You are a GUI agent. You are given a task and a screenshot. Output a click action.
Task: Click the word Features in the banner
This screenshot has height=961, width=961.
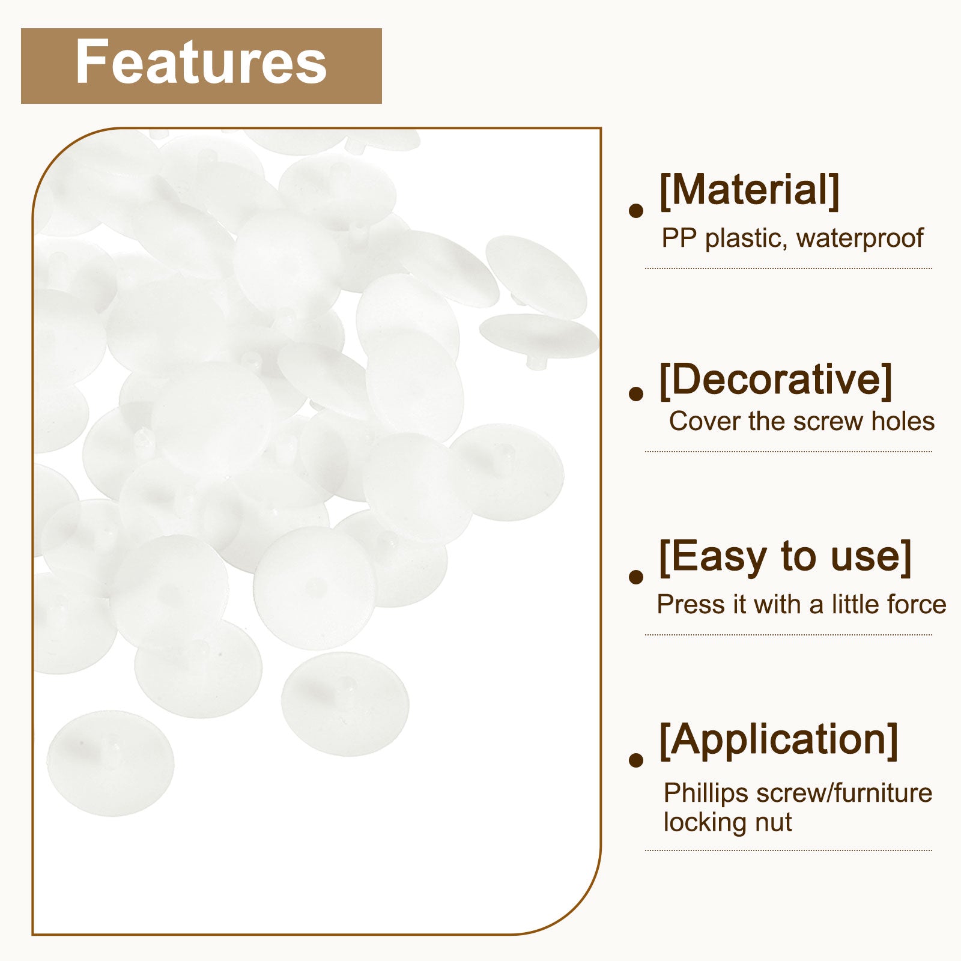tap(201, 62)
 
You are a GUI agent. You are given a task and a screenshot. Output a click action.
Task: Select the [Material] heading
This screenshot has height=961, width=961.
tap(749, 190)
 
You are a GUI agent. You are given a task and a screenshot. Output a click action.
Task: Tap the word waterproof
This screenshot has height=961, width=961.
tap(859, 238)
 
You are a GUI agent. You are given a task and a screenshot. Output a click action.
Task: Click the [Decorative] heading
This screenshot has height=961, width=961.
tap(775, 380)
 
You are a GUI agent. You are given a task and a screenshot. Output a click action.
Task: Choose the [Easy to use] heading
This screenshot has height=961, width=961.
tap(785, 557)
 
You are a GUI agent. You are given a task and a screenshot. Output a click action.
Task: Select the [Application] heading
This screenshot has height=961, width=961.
tap(778, 741)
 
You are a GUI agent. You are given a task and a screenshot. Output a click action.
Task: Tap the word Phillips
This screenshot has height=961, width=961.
tap(706, 793)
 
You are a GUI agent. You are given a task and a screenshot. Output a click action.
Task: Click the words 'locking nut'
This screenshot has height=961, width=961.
tap(727, 822)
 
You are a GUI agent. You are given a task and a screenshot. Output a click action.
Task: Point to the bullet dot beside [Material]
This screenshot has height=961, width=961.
tap(635, 211)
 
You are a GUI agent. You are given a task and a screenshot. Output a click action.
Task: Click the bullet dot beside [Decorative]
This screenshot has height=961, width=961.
tap(635, 393)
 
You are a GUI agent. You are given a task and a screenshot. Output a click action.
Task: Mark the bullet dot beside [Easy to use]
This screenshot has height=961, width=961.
tap(635, 577)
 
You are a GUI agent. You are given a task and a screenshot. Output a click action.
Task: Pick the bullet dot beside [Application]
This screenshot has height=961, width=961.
tap(635, 760)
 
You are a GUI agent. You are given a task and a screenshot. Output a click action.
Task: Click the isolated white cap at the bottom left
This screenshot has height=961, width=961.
tap(111, 763)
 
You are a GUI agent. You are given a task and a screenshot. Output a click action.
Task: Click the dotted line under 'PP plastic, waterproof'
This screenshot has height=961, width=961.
tap(789, 268)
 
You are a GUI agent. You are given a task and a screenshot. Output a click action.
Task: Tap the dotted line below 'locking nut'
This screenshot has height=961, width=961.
tap(789, 850)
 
